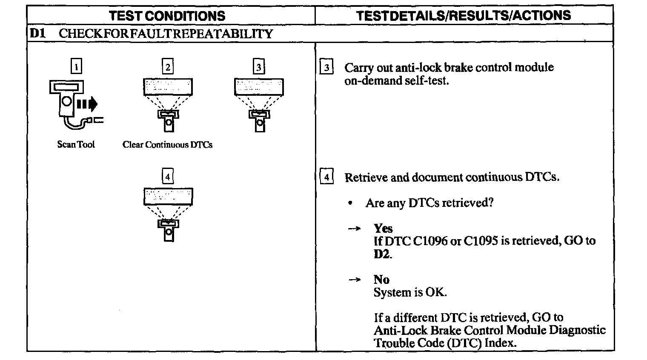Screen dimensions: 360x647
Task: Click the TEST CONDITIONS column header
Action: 167,16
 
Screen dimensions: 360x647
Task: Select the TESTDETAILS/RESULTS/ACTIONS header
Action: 463,16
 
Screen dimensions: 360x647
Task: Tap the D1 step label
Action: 37,34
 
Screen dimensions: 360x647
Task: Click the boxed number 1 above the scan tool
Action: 76,67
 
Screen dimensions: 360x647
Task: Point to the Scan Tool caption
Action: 76,145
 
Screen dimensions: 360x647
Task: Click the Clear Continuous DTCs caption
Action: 167,145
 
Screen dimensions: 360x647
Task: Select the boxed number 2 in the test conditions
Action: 168,67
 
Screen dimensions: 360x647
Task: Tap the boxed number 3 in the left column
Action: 259,67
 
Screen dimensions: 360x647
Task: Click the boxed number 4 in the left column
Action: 168,176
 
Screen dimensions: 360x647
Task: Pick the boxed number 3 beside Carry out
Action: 326,67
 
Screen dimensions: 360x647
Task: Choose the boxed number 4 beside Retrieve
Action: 326,176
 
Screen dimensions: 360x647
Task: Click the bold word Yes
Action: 383,229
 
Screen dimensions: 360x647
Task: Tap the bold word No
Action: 381,280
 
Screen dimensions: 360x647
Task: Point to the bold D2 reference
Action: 382,254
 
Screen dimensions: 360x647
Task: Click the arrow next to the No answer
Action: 354,280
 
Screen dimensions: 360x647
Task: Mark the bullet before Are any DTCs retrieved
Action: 350,203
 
